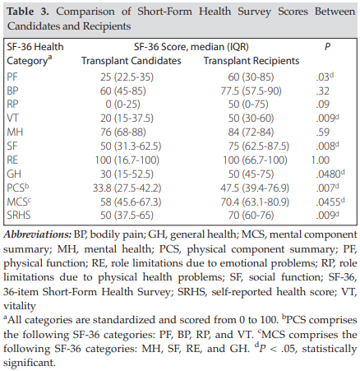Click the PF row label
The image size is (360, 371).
[12, 77]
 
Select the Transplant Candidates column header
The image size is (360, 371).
[132, 61]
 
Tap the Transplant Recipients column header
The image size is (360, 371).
[252, 61]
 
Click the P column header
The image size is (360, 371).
[327, 47]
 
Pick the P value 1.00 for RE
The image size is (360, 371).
[321, 160]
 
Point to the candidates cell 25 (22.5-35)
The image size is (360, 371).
[127, 77]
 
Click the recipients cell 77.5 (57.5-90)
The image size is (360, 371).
[251, 91]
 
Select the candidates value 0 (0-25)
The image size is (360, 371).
[122, 104]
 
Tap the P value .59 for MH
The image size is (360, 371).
[322, 132]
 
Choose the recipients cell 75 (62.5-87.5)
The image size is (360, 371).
[259, 146]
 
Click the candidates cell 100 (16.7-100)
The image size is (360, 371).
[127, 160]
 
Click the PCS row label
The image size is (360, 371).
[18, 188]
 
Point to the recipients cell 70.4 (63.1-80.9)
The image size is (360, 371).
[255, 202]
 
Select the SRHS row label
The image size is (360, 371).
[19, 216]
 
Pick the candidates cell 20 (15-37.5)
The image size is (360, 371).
[127, 118]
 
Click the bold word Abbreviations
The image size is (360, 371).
[38, 234]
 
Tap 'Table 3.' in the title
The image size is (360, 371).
[28, 12]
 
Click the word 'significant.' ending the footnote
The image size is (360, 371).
[30, 363]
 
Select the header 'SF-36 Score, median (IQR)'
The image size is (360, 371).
[192, 47]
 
